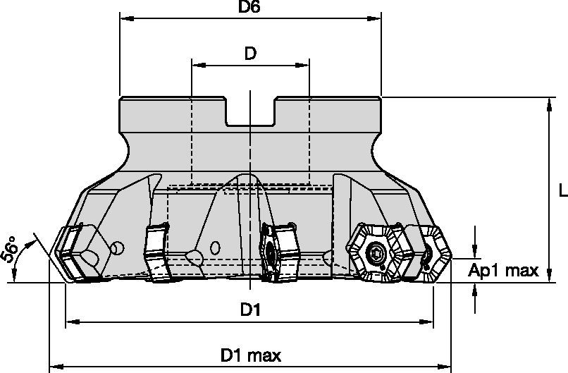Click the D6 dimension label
pos(249,8)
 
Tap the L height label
pos(562,190)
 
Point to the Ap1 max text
pos(503,270)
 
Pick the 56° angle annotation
pos(11,247)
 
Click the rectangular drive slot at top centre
pos(250,113)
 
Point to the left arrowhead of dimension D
pos(197,66)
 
